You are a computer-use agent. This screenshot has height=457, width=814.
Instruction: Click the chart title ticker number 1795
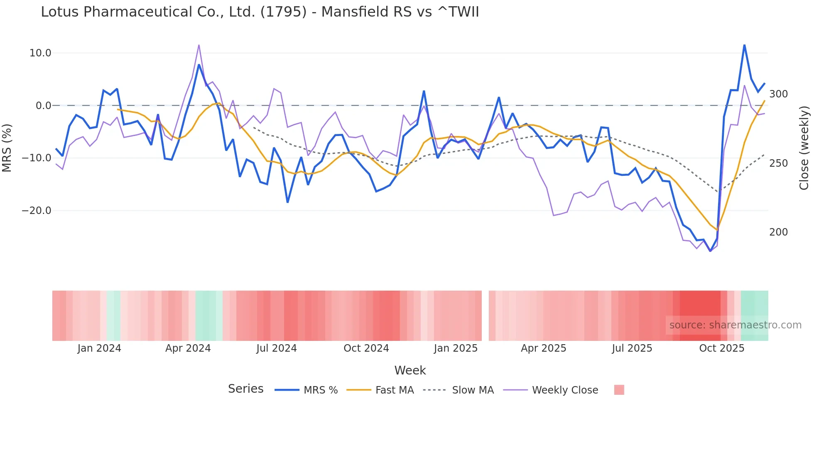point(283,12)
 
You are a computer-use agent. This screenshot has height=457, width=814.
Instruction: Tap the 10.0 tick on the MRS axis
point(40,53)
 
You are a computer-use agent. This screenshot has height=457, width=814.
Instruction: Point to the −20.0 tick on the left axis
point(37,211)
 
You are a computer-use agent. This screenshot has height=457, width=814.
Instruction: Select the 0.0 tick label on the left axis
point(43,106)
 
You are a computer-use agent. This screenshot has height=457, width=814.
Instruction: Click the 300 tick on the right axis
point(778,94)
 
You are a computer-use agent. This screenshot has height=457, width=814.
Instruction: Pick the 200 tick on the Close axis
point(778,232)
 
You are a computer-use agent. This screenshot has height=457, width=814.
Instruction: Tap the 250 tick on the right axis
point(778,163)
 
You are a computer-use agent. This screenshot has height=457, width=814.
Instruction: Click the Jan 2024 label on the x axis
point(99,348)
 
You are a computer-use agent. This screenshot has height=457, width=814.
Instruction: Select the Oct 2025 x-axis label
point(721,348)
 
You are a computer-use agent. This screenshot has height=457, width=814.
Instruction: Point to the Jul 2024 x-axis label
point(276,348)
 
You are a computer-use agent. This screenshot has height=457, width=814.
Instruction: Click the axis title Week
point(410,370)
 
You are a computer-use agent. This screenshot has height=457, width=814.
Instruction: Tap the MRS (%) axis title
point(7,148)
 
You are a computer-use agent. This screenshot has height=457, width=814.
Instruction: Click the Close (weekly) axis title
point(804,148)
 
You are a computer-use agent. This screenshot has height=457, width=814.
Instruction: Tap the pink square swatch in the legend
point(619,390)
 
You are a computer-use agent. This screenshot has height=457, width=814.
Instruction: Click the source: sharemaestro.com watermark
point(735,325)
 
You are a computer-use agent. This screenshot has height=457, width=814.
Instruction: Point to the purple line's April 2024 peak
point(199,45)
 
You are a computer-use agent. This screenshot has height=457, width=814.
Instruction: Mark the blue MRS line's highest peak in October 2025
point(744,45)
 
